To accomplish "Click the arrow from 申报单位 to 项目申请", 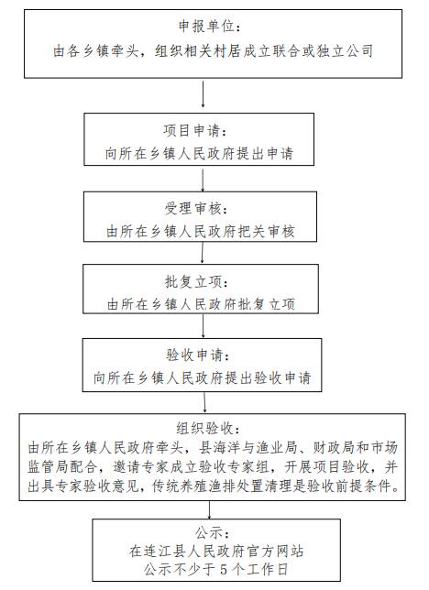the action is [x=203, y=94].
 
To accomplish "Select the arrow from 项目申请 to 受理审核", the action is [x=203, y=180].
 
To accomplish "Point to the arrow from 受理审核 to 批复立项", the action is [x=203, y=253].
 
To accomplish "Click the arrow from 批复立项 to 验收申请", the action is [x=203, y=326].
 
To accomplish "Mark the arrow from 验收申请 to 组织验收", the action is [x=204, y=402].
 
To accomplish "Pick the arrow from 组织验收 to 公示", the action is [x=209, y=510].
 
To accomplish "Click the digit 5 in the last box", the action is [x=224, y=569].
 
